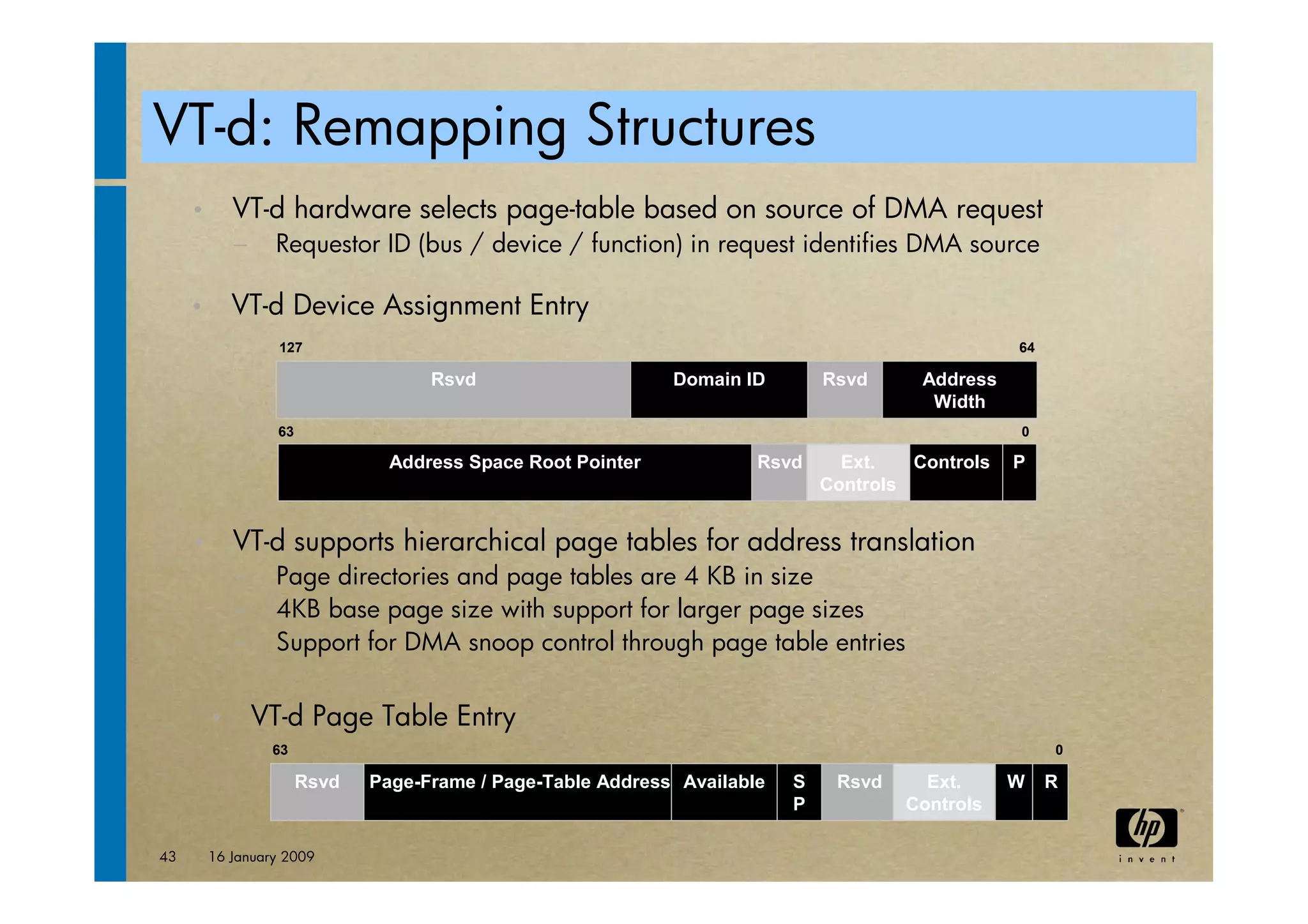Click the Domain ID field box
pyautogui.click(x=719, y=390)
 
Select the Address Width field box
pyautogui.click(x=959, y=390)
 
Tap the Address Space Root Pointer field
pyautogui.click(x=514, y=472)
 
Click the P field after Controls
pyautogui.click(x=1019, y=472)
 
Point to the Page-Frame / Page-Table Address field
pyautogui.click(x=517, y=792)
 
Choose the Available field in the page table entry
pyautogui.click(x=724, y=792)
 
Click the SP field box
pyautogui.click(x=798, y=792)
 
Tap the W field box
pyautogui.click(x=1014, y=792)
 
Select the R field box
pyautogui.click(x=1051, y=792)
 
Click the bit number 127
pyautogui.click(x=291, y=348)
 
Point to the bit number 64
pyautogui.click(x=1026, y=348)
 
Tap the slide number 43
pyautogui.click(x=167, y=856)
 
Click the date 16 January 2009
pyautogui.click(x=261, y=856)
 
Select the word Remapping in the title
pyautogui.click(x=429, y=128)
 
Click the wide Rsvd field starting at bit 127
pyautogui.click(x=453, y=390)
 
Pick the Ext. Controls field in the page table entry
pyautogui.click(x=943, y=792)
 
